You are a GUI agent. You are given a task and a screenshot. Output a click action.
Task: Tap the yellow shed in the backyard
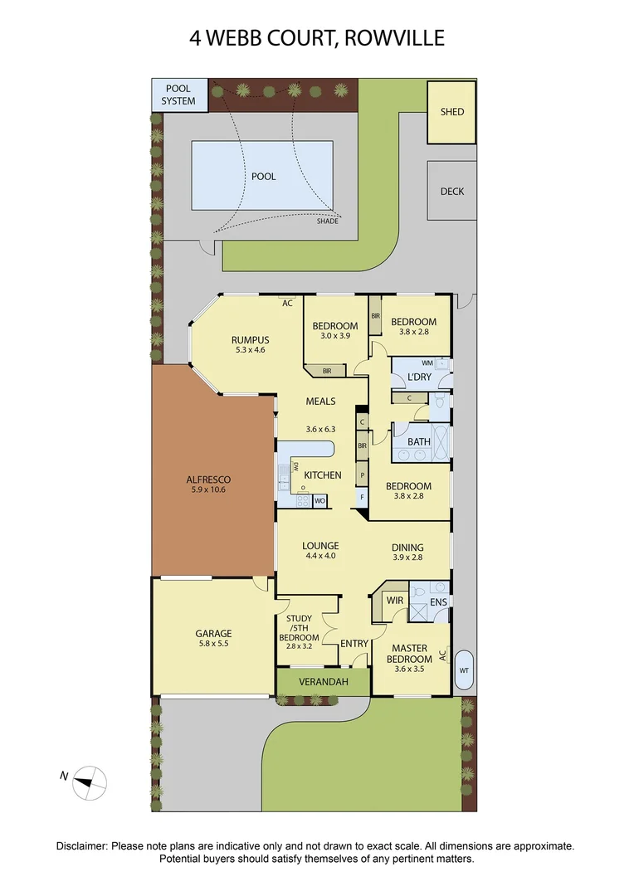click(452, 112)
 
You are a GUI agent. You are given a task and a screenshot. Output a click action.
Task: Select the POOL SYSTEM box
click(178, 95)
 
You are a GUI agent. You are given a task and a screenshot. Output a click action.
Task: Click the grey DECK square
click(452, 191)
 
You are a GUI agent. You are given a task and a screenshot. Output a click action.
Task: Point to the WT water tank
click(464, 670)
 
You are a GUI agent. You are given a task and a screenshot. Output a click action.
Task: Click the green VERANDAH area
click(323, 682)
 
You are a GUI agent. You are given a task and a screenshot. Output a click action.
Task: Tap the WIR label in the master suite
click(394, 601)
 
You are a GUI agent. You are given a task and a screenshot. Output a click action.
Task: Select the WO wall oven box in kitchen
click(319, 500)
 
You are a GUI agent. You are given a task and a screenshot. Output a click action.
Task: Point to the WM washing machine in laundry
click(428, 363)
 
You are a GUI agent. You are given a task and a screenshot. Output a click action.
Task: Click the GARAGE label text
click(213, 633)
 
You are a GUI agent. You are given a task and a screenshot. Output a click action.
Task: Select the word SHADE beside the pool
click(328, 222)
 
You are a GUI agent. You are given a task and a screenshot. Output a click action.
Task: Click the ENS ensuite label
click(439, 602)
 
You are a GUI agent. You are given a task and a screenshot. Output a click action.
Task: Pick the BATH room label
click(419, 442)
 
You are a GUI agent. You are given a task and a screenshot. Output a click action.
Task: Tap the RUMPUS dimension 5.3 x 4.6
click(249, 350)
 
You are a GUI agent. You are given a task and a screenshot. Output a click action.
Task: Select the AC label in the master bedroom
click(442, 655)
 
